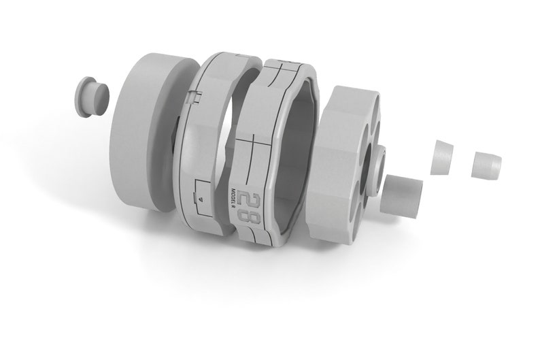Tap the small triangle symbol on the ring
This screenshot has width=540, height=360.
pos(201,199)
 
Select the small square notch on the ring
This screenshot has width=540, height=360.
pos(195,98)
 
